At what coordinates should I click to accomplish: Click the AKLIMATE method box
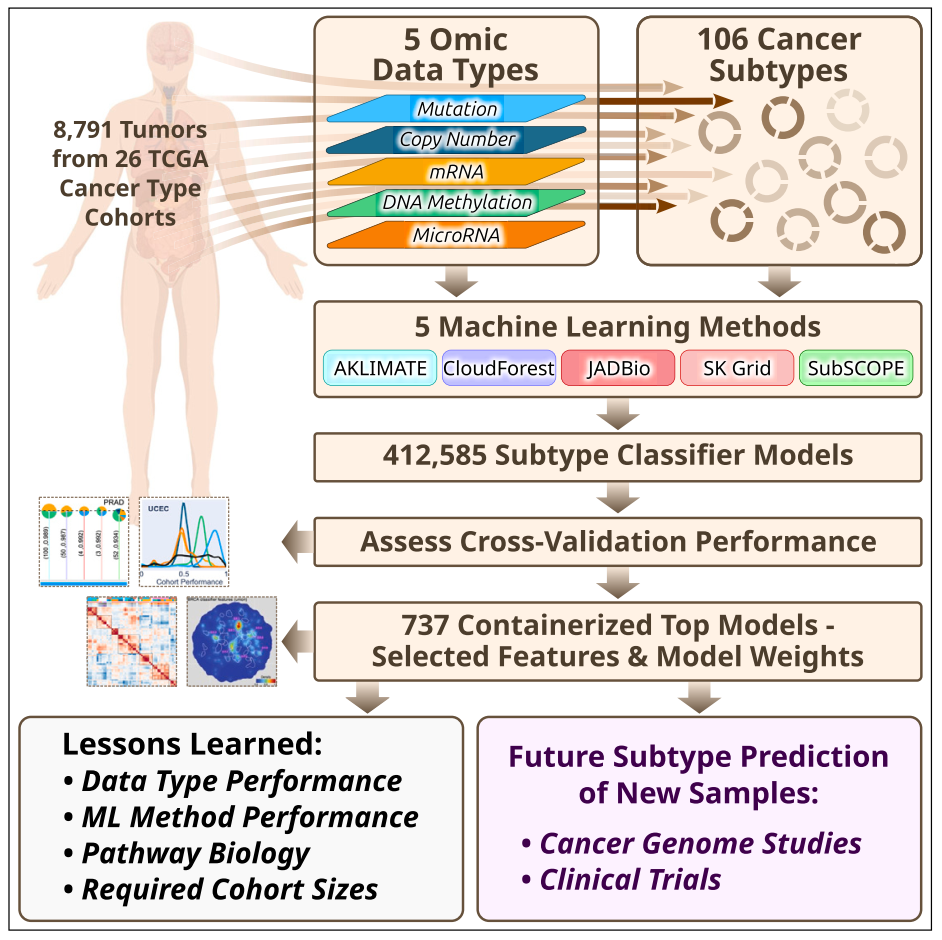point(379,368)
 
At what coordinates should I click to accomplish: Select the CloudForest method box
point(498,368)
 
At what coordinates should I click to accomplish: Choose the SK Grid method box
point(737,368)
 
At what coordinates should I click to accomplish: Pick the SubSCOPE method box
point(857,368)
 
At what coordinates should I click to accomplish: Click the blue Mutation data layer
point(457,109)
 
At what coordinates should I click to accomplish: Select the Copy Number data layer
point(457,140)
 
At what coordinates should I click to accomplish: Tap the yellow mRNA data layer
point(457,171)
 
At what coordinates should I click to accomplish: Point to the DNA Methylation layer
point(457,203)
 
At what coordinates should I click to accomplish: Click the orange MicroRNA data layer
point(457,236)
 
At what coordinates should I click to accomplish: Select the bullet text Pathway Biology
point(195,853)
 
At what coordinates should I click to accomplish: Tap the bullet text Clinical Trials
point(630,879)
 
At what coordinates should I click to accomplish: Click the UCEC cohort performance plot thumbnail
point(184,541)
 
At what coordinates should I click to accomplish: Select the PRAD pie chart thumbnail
point(84,541)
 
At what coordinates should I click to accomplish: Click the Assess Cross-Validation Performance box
point(618,542)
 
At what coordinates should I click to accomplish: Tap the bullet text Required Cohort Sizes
point(229,888)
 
